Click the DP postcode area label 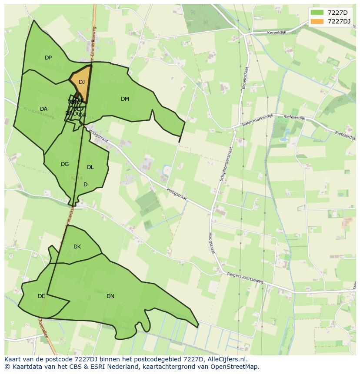click(x=48, y=58)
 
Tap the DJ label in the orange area click(x=82, y=82)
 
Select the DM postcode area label click(x=125, y=99)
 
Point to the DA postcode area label click(x=43, y=109)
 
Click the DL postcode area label click(x=90, y=167)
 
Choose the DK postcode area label click(x=77, y=247)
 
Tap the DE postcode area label click(x=41, y=296)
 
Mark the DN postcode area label click(x=110, y=296)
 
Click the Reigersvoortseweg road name click(x=245, y=278)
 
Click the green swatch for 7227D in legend click(x=317, y=13)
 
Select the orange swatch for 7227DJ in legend click(x=317, y=21)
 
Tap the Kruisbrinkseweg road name click(x=39, y=114)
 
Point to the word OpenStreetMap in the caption click(x=235, y=367)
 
